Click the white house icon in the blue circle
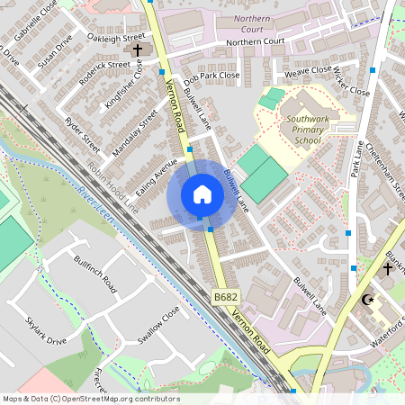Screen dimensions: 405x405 coord(202,194)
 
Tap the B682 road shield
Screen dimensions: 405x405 coord(226,297)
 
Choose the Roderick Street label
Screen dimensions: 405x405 coord(105,65)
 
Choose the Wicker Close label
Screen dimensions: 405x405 coord(351,80)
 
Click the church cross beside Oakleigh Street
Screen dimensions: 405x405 coord(138,51)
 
